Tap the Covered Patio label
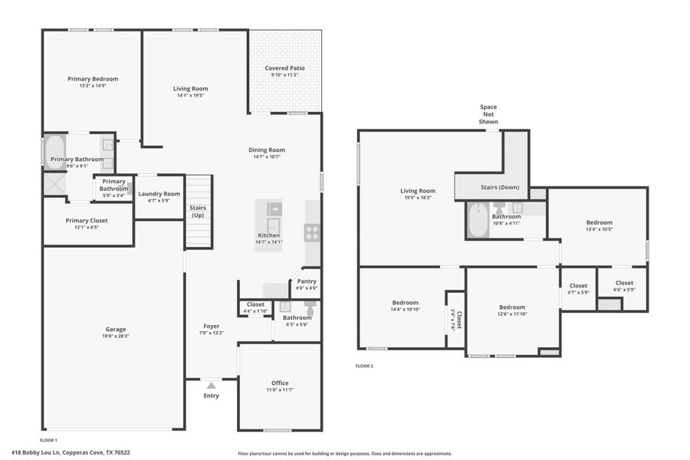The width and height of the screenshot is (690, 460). point(284,68)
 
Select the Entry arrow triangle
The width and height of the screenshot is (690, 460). point(211,385)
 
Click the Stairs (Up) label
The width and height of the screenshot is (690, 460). point(198,212)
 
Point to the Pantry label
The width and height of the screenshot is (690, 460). point(306,281)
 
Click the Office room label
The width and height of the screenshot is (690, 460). point(280,383)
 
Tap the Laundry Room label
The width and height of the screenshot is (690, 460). point(159,194)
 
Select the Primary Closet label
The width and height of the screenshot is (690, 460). point(86,220)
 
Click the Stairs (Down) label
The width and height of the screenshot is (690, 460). point(499,187)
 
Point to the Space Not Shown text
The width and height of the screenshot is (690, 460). point(488,114)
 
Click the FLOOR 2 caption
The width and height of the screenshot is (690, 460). point(364,366)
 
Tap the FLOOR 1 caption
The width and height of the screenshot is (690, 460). point(48,440)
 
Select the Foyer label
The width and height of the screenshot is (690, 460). point(211,326)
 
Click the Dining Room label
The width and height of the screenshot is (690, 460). point(266,150)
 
